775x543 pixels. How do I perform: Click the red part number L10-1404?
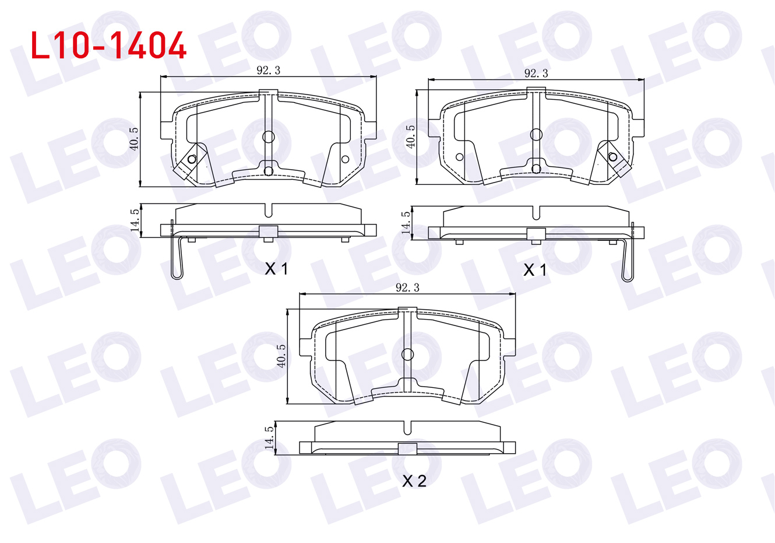click(108, 45)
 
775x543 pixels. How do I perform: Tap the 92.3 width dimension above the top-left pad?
click(269, 71)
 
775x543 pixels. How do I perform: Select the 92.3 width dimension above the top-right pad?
click(536, 73)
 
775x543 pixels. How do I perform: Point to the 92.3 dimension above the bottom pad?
click(407, 288)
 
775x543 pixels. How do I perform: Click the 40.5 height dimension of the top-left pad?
click(134, 139)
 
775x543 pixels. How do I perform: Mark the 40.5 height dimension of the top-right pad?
click(410, 137)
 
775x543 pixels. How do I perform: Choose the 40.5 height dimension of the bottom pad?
click(281, 356)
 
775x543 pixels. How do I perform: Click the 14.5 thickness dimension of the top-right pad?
click(406, 223)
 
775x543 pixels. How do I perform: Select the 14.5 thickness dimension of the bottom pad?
click(269, 437)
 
